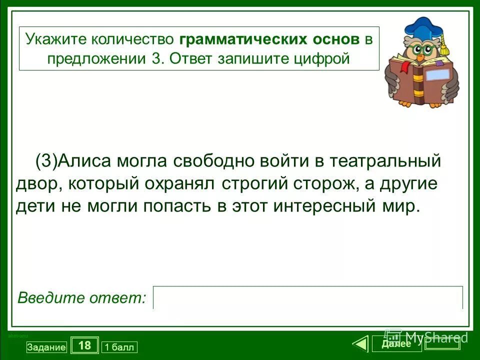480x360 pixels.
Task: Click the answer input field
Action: (x=307, y=297)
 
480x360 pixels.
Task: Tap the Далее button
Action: (x=396, y=344)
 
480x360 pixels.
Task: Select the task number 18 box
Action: (x=84, y=345)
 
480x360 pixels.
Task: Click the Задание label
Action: (x=46, y=347)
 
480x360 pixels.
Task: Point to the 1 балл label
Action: (x=119, y=347)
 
